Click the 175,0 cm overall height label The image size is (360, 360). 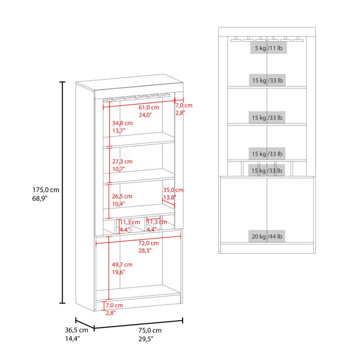46,190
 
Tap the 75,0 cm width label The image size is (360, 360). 150,330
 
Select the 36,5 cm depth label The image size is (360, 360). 77,330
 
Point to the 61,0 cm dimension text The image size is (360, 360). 149,107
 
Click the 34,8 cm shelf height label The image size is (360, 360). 122,123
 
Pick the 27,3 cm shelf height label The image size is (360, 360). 122,161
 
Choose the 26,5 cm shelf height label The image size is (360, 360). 122,196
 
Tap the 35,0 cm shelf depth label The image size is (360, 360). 173,190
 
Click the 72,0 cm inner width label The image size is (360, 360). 149,243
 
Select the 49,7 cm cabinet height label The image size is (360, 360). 122,264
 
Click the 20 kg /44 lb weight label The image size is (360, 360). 267,236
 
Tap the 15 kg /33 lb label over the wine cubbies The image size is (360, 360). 267,171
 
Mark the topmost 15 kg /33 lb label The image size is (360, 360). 267,80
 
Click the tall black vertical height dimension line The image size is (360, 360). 62,192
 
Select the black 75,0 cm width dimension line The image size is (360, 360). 138,324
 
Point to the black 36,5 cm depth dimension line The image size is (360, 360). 85,323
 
